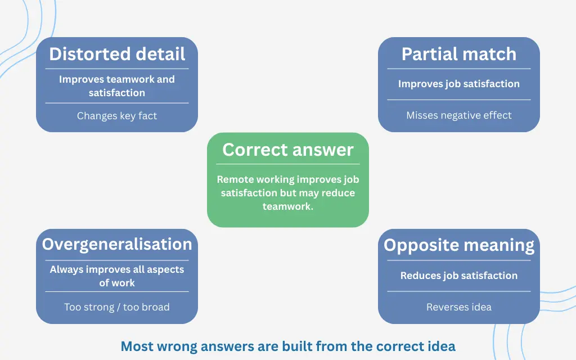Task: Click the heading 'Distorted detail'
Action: point(117,54)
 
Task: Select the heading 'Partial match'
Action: point(459,54)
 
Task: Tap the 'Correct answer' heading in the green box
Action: point(288,150)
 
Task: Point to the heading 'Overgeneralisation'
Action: point(117,244)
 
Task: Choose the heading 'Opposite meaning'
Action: point(459,245)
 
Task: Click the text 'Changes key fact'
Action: point(117,116)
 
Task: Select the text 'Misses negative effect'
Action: point(459,115)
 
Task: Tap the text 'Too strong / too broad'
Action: point(117,307)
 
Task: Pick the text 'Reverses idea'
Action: point(459,307)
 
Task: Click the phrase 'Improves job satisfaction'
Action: point(459,84)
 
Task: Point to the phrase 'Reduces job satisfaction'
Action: point(459,276)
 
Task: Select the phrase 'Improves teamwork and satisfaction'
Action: point(117,86)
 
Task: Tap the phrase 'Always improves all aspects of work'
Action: point(117,276)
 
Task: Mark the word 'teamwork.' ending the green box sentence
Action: point(288,206)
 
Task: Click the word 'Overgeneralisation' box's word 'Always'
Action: point(65,269)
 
